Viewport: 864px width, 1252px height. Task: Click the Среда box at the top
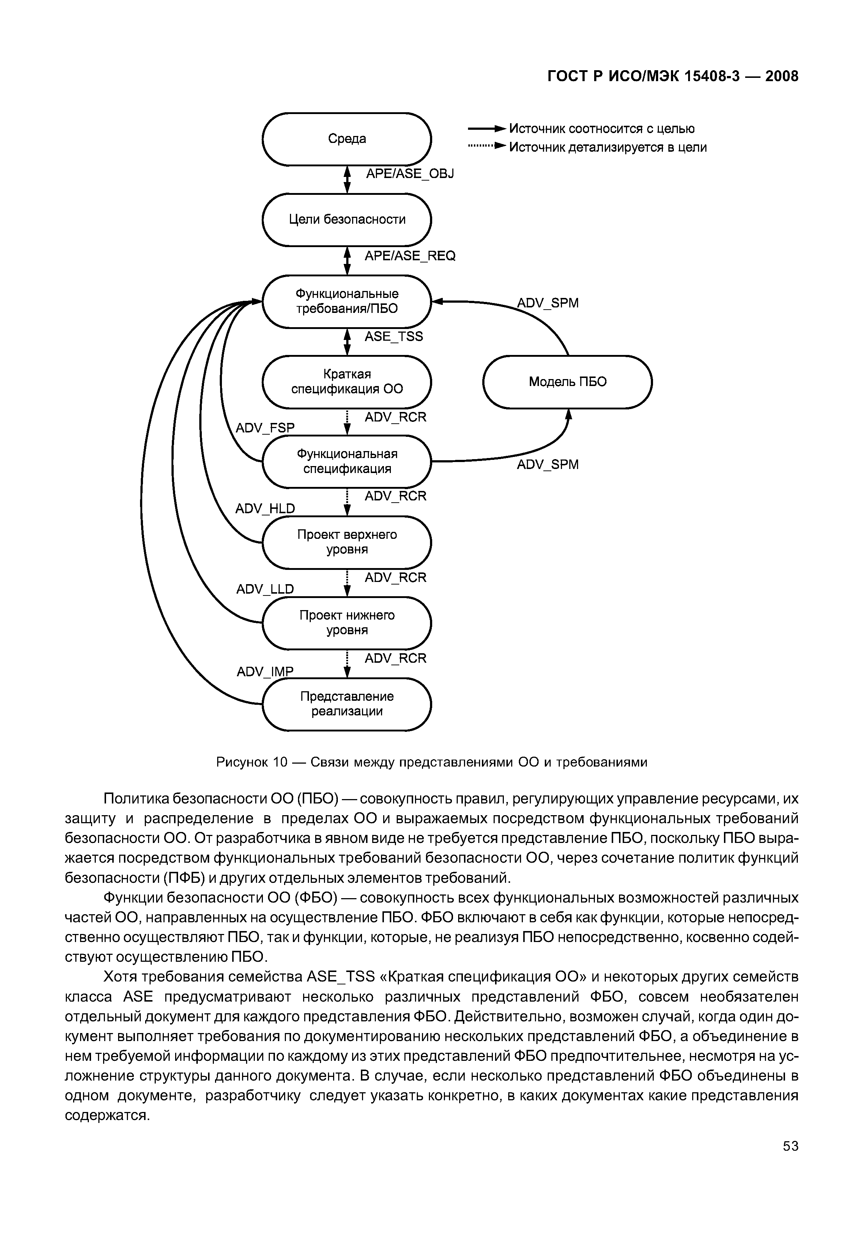[347, 139]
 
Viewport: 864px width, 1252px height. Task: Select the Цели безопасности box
[347, 220]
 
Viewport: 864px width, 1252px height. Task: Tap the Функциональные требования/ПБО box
[347, 301]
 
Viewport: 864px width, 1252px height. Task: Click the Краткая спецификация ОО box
[347, 381]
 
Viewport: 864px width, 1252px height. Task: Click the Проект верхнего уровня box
[347, 542]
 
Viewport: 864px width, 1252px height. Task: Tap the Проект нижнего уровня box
[347, 623]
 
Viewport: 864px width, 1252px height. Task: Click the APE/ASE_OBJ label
[410, 174]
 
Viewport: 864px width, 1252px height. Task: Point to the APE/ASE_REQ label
[410, 256]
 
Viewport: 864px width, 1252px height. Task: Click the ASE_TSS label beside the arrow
[393, 337]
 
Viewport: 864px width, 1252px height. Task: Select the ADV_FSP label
[265, 428]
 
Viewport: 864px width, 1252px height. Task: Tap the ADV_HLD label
[265, 508]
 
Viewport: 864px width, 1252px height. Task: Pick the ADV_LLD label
[265, 589]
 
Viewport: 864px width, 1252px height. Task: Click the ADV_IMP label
[265, 672]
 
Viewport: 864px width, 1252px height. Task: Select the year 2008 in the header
[782, 76]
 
